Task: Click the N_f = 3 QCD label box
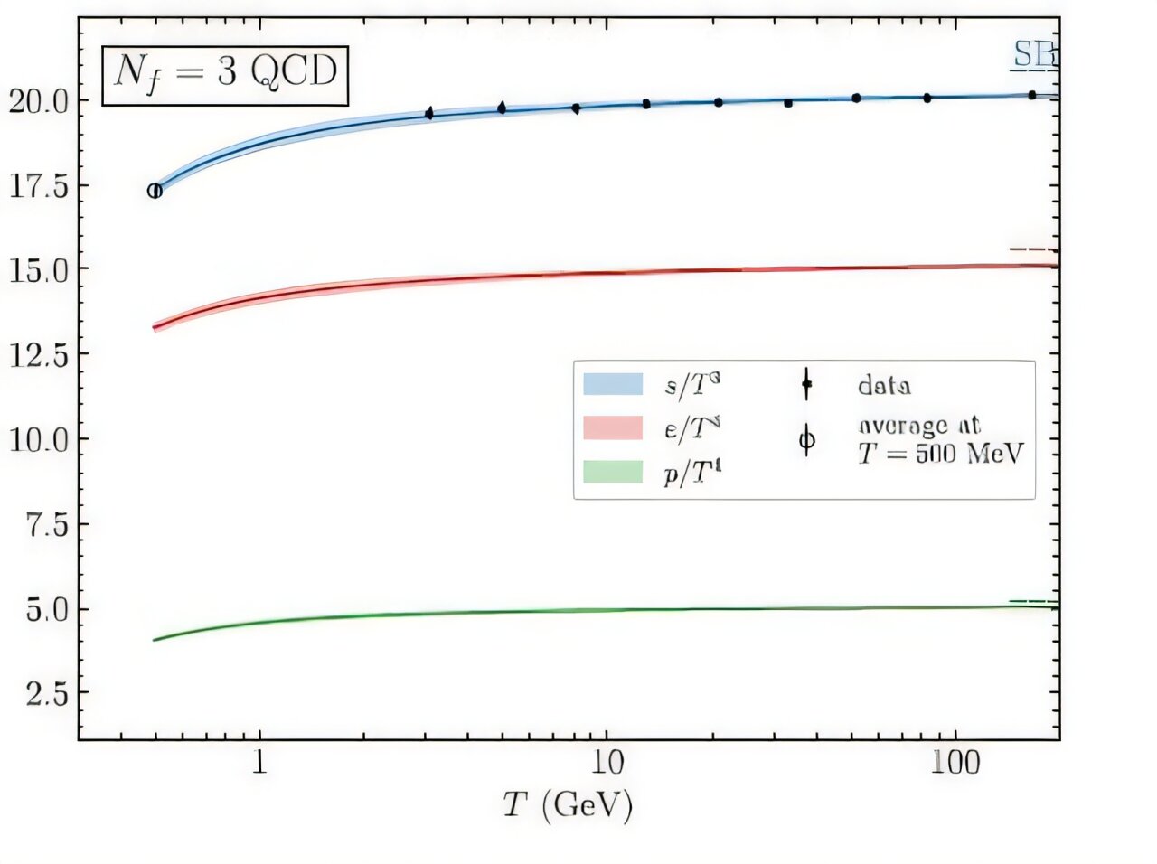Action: coord(224,72)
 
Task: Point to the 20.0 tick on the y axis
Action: coord(38,101)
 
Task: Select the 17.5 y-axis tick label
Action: coord(38,187)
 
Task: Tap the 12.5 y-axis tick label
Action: coord(38,355)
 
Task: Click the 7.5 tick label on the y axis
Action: coord(45,525)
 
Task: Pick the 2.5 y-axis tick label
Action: coord(45,694)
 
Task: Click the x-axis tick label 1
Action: coord(259,764)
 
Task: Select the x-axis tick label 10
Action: coord(607,764)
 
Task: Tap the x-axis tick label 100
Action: coord(955,764)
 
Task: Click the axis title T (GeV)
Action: coord(569,804)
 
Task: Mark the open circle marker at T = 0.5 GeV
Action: coord(155,191)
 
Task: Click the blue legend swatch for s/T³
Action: coord(613,384)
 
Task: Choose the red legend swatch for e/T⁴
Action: coord(613,427)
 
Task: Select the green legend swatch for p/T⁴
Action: coord(613,471)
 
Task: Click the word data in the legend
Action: coord(884,386)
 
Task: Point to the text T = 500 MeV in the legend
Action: coord(940,454)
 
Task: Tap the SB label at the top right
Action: coord(1033,56)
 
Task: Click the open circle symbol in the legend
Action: coord(806,441)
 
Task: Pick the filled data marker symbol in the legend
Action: coord(806,384)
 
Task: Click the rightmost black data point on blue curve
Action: coord(1031,95)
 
